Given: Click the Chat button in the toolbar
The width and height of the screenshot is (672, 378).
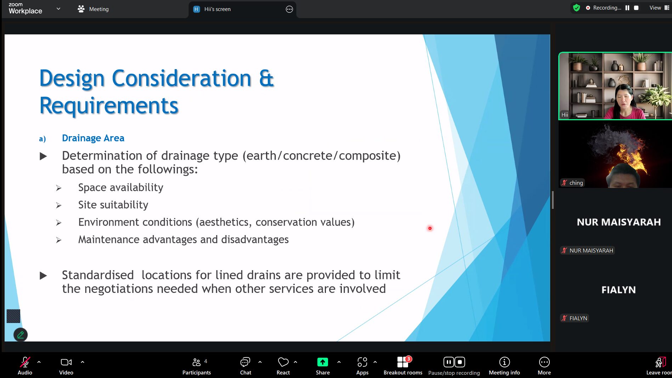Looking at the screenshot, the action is [x=245, y=366].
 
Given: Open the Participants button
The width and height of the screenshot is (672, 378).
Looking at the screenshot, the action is [x=197, y=366].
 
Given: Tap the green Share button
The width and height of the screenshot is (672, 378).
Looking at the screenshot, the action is [x=323, y=362].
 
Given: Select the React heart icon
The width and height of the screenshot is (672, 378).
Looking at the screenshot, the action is [x=283, y=362].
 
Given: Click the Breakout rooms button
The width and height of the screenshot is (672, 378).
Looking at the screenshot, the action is [x=403, y=366].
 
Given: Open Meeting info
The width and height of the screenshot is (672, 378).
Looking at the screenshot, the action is [x=504, y=366].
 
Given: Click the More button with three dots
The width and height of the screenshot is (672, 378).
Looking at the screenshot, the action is [x=544, y=366].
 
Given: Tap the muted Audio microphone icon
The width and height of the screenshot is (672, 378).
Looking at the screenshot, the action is [x=25, y=362].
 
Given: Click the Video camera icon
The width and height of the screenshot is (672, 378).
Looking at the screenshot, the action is [x=66, y=362].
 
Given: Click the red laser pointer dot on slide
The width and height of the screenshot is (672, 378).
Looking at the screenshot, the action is [x=430, y=228].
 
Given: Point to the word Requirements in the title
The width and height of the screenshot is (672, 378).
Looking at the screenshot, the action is [x=109, y=106].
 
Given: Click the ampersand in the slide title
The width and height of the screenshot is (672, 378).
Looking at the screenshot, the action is [x=266, y=78].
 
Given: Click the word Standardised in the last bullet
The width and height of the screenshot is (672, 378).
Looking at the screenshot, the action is [x=98, y=275].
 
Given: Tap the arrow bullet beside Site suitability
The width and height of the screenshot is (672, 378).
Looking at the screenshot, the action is [x=59, y=205].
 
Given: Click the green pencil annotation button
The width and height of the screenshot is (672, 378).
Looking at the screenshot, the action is [x=21, y=335].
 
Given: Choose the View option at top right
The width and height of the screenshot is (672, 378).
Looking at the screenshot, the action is [x=655, y=8].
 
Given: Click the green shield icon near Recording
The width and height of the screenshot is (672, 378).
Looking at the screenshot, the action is [x=576, y=8].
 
